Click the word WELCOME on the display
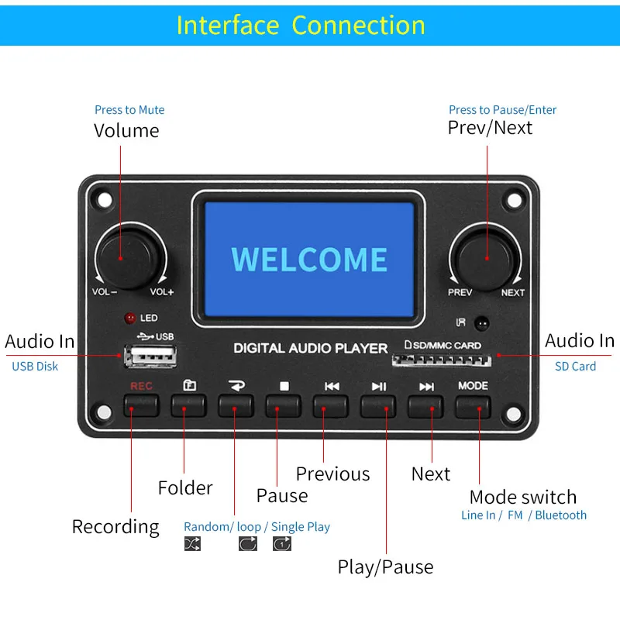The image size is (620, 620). tap(309, 260)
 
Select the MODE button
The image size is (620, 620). tap(473, 406)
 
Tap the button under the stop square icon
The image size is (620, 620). tap(284, 406)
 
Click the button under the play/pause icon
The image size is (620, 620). tap(378, 406)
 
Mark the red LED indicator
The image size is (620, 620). tap(129, 318)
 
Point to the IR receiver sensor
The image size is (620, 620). tap(483, 322)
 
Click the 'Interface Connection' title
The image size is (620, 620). tap(301, 25)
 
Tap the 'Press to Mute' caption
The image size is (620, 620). tap(129, 110)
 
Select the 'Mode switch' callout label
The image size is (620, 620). tap(523, 497)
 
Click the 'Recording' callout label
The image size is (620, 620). tap(115, 527)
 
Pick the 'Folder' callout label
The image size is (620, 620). tap(185, 487)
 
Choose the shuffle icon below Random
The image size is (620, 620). tap(192, 544)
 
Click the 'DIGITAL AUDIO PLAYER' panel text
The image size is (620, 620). tap(311, 348)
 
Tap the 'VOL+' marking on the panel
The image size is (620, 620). tap(162, 292)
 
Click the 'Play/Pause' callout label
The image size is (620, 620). tap(385, 567)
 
